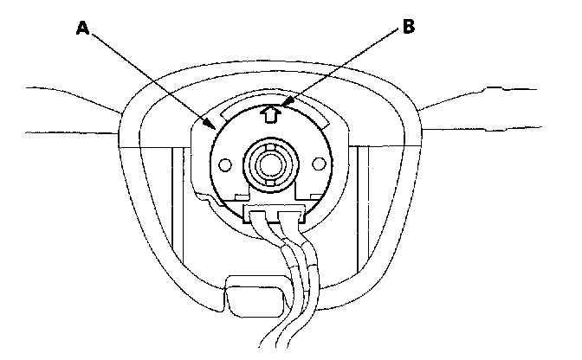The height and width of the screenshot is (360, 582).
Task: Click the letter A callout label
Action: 83,28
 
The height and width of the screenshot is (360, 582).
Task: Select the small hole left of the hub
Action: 224,164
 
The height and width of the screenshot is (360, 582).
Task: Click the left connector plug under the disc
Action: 257,211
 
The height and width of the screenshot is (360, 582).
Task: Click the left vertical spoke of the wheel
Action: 180,208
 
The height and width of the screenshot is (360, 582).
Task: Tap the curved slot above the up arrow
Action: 270,102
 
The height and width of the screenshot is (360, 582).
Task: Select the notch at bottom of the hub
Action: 271,180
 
